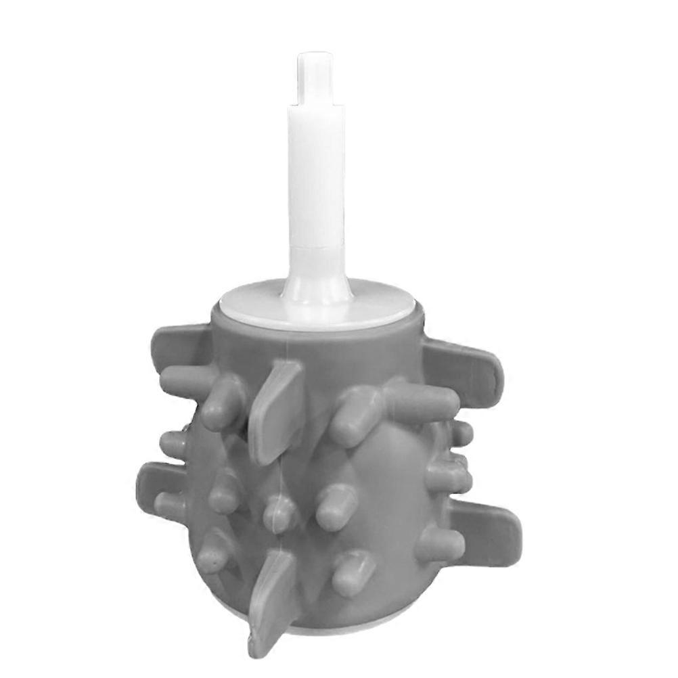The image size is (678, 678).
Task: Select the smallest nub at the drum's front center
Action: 279,514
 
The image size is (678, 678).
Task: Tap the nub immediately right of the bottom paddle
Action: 352,572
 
